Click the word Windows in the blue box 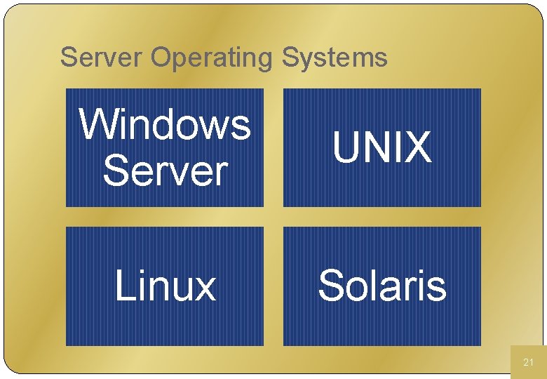[x=165, y=124]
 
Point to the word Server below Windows [x=166, y=171]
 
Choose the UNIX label [x=381, y=148]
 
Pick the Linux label [x=165, y=286]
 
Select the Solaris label [x=381, y=286]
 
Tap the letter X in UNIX [x=417, y=148]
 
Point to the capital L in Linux [x=124, y=286]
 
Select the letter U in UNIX [x=346, y=148]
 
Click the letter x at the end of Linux [x=204, y=289]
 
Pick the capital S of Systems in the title [x=289, y=58]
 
